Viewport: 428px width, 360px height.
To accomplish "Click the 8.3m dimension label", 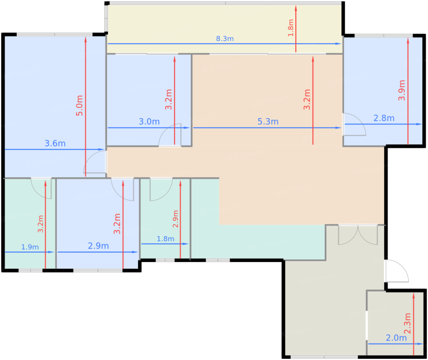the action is (x=225, y=39).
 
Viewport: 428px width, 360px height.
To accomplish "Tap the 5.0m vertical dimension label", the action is (x=79, y=106).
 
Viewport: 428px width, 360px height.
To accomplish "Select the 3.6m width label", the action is (x=55, y=143).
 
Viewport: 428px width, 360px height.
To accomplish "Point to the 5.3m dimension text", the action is (x=268, y=121).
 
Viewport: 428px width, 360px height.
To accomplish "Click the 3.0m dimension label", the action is (x=149, y=121).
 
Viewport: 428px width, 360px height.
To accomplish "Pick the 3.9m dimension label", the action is (x=402, y=90).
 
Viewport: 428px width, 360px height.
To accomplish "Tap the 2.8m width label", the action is (x=384, y=118).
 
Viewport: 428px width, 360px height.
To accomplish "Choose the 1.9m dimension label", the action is (x=30, y=247).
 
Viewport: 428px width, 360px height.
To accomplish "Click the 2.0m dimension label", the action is (x=396, y=338).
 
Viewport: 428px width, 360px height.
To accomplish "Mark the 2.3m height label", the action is (x=408, y=324).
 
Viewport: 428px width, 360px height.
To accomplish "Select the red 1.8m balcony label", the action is (x=291, y=28).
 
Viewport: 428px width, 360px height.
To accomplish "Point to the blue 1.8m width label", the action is (x=165, y=239).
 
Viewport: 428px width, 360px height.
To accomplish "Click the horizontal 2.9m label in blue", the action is (x=98, y=246).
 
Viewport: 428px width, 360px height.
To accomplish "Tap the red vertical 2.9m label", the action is (x=175, y=219).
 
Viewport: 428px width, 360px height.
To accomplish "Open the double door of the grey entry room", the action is (x=358, y=235).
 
